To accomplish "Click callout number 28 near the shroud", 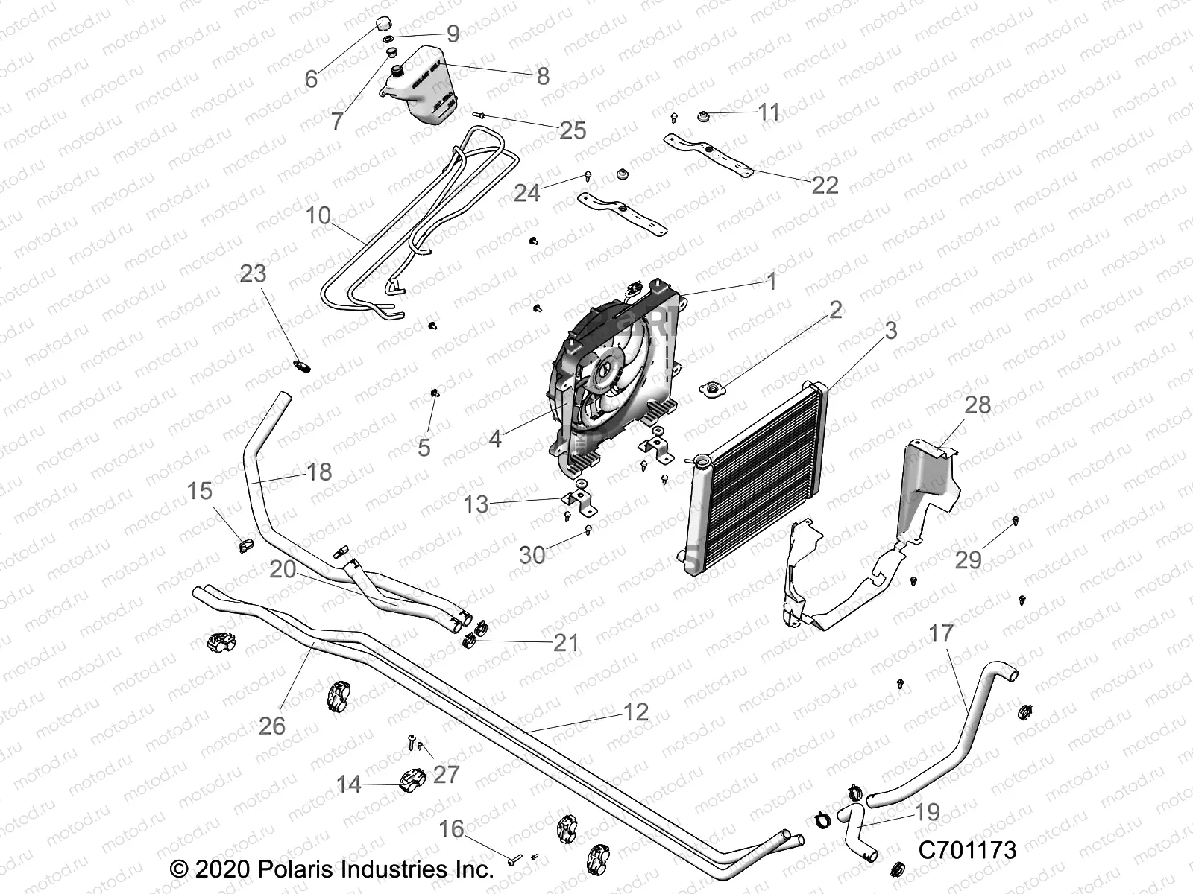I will [x=978, y=405].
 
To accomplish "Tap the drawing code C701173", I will [x=967, y=850].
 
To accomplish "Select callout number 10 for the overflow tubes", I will [x=318, y=216].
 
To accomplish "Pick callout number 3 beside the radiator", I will [x=890, y=330].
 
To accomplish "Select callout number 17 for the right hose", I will [x=941, y=633].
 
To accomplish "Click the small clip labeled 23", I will [x=301, y=366].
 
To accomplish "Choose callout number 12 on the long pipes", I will [x=635, y=712].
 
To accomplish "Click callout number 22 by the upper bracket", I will [x=825, y=185].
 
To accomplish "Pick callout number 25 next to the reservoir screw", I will [x=573, y=130].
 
